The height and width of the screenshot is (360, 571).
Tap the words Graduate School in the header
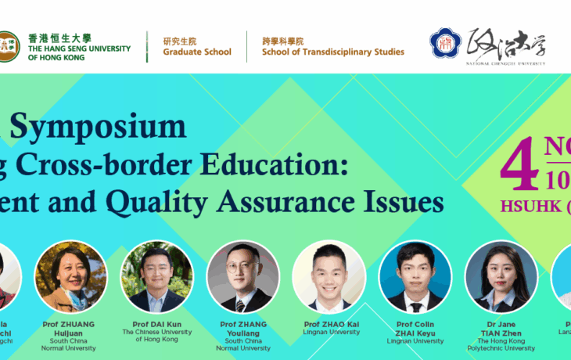(x=197, y=52)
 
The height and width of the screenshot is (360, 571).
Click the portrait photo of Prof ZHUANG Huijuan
(x=70, y=275)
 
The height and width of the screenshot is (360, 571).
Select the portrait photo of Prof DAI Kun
(x=156, y=275)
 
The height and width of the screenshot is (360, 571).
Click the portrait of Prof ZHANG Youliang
(x=242, y=275)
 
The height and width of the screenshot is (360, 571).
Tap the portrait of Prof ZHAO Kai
(x=329, y=275)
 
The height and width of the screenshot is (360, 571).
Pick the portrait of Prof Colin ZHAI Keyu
(x=415, y=275)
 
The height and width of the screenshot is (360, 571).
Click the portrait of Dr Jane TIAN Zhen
(x=501, y=275)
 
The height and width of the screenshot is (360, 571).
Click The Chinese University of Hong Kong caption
(x=156, y=336)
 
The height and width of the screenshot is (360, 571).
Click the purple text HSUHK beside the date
(x=528, y=207)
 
